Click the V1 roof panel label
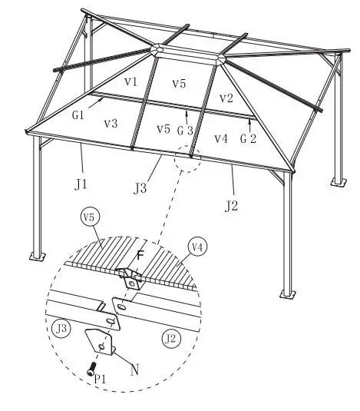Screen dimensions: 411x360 130,81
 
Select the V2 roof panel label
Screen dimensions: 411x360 226,98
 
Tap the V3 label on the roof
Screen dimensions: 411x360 111,123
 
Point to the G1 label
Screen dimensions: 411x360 78,114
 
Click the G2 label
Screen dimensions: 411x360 246,139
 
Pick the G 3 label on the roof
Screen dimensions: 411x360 185,131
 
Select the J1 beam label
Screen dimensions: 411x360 81,184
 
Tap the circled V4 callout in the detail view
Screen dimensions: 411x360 196,247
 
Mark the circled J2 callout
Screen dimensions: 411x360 170,336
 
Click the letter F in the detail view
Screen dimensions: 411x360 140,254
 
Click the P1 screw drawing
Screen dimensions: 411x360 92,367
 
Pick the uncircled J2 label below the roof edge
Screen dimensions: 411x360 232,204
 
